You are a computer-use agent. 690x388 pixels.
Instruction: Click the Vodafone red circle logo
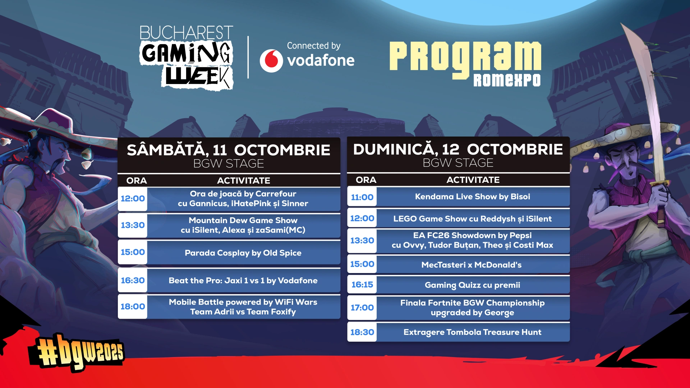click(271, 61)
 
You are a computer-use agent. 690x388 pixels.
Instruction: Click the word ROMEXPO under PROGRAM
click(507, 80)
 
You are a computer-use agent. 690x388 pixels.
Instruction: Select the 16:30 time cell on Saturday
click(133, 280)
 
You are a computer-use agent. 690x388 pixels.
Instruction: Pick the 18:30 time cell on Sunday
click(362, 332)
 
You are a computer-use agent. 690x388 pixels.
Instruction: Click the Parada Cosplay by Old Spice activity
click(243, 253)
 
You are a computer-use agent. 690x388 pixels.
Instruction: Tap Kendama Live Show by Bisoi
click(473, 197)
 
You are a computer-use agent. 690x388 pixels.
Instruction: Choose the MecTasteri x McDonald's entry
click(471, 265)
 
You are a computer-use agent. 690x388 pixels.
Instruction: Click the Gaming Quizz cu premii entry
click(473, 285)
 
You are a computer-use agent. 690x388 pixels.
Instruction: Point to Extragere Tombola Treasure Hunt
click(473, 332)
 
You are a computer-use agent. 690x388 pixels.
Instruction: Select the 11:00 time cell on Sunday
click(362, 197)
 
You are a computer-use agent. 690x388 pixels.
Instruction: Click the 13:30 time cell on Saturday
click(133, 225)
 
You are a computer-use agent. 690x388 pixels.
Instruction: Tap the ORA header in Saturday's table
click(137, 181)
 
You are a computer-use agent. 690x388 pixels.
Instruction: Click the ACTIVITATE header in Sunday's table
click(473, 180)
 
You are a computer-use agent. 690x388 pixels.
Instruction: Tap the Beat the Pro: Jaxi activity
click(243, 281)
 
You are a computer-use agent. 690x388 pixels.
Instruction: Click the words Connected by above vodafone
click(314, 46)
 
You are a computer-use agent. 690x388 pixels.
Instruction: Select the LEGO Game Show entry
click(473, 219)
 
